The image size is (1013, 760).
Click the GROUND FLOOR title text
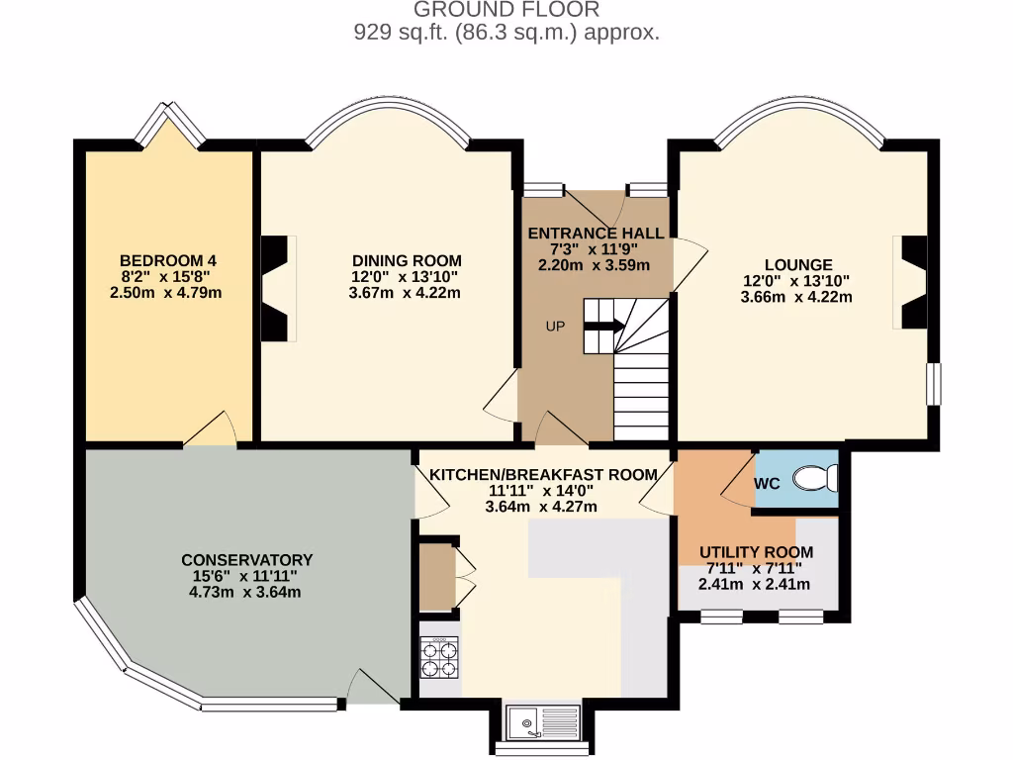[506, 11]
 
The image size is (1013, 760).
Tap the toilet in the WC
[816, 479]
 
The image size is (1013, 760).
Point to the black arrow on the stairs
[603, 324]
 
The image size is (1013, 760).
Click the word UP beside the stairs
[555, 326]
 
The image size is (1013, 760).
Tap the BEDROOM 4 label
[163, 261]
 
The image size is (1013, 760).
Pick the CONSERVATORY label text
[246, 560]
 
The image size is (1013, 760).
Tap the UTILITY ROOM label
[756, 552]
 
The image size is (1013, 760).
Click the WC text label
[768, 485]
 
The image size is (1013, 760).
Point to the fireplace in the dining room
[277, 290]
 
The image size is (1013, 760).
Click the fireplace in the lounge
[911, 282]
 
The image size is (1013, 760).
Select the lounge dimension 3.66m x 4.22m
[796, 296]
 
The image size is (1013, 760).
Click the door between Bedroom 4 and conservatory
[211, 430]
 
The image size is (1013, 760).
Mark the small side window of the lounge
[932, 383]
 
